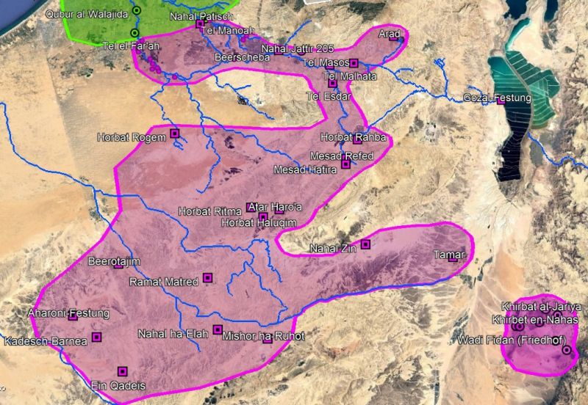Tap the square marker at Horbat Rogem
tap(174, 133)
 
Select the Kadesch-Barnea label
tap(46, 341)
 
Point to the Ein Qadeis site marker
tap(122, 371)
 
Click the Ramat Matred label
tap(164, 282)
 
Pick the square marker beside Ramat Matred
tap(207, 277)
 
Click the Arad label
tap(388, 34)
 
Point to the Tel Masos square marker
tap(354, 63)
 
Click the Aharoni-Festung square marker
tap(73, 317)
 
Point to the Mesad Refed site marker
tap(345, 165)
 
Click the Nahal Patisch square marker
tap(200, 24)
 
